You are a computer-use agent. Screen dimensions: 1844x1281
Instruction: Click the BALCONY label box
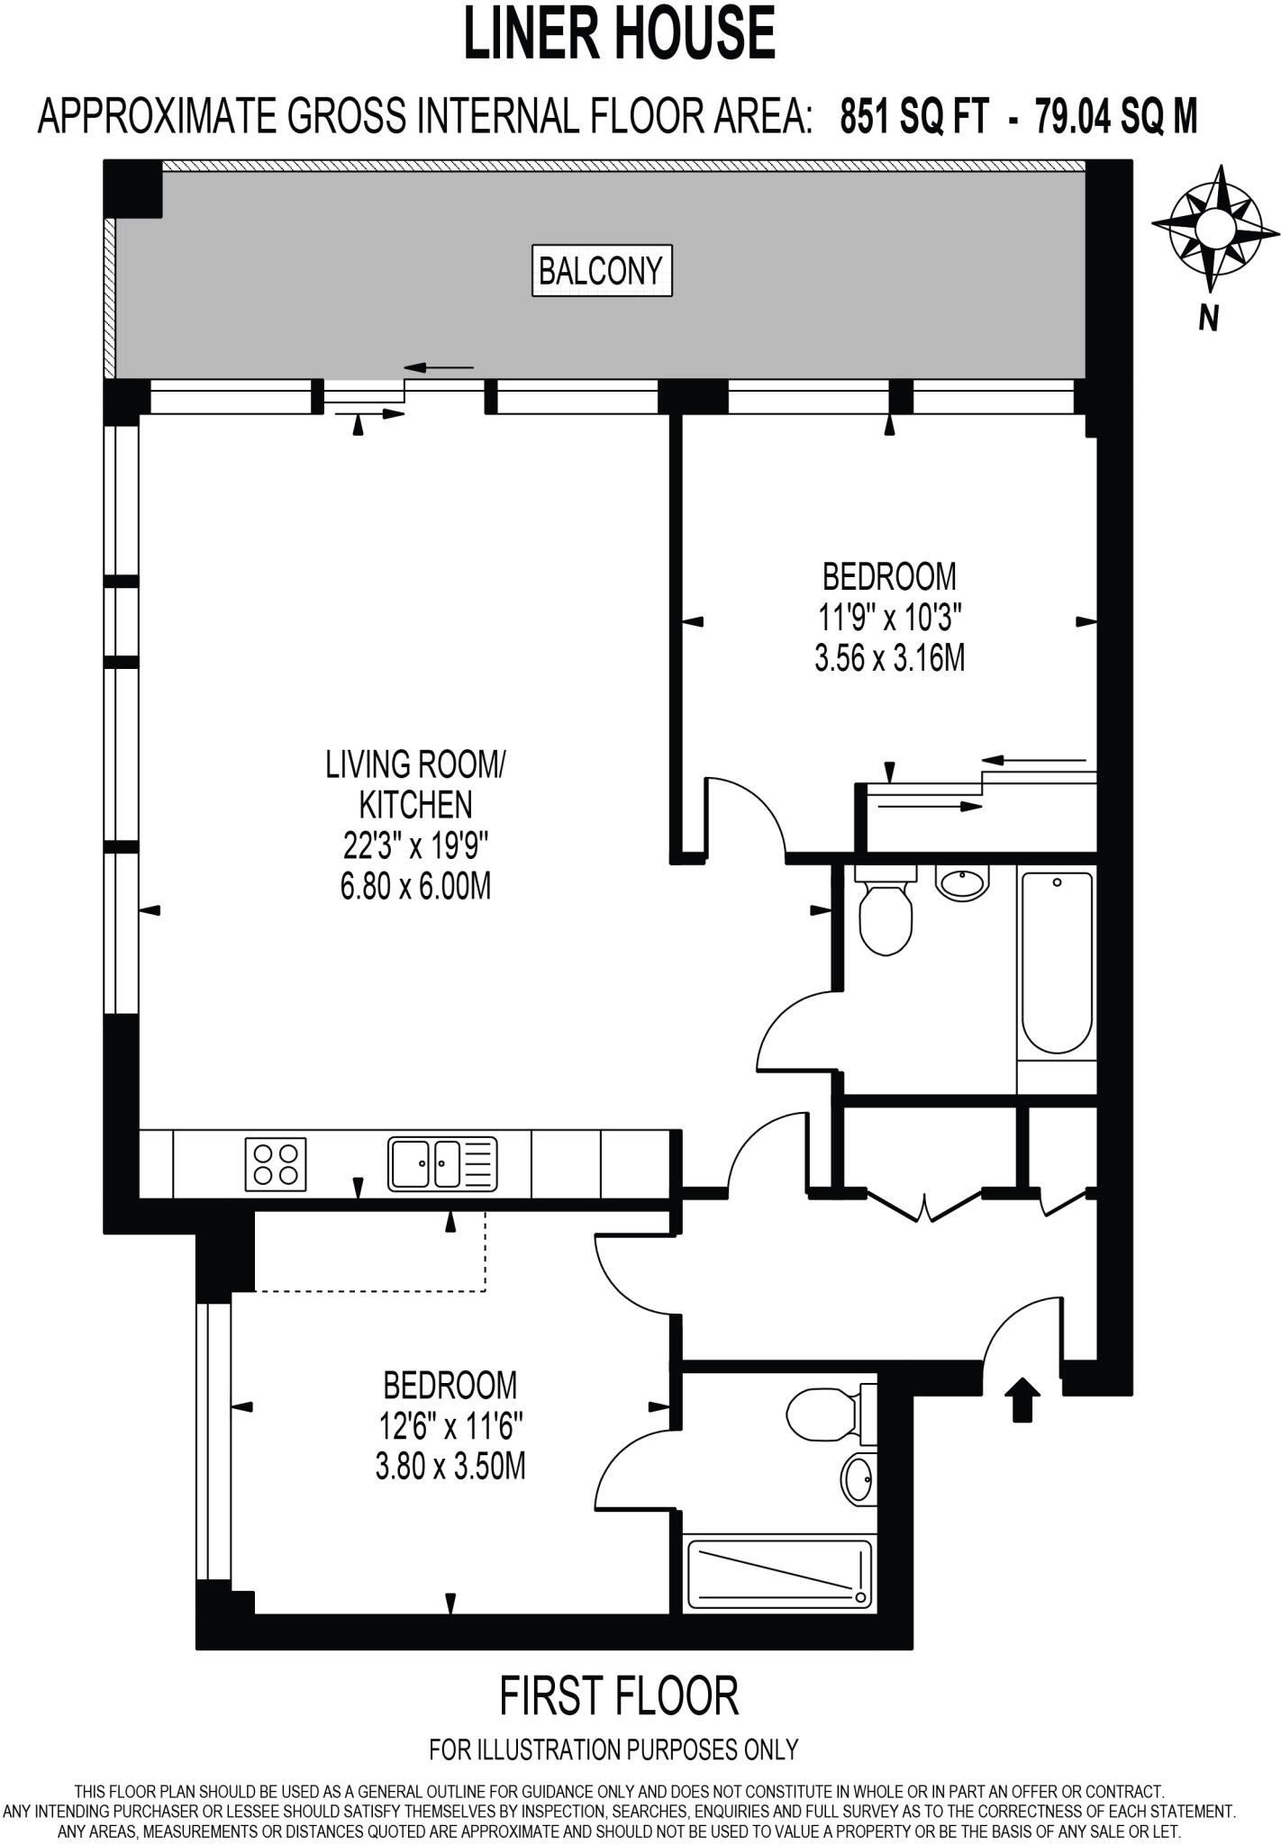[601, 270]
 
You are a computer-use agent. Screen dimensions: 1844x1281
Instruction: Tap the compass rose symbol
[1214, 226]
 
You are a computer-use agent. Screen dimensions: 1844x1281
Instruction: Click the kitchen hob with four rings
[275, 1164]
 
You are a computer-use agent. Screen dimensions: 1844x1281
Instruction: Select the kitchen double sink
[441, 1164]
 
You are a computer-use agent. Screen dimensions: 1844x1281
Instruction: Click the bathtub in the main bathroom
[1056, 962]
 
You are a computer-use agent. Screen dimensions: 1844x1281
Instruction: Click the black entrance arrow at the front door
[1022, 1400]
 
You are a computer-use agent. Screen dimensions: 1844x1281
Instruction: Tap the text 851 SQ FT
[913, 116]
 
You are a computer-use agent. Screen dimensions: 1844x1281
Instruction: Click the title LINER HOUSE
[619, 33]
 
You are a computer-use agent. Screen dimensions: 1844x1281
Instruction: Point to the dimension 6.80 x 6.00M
[415, 887]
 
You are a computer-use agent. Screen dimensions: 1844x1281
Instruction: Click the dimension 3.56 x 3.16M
[889, 659]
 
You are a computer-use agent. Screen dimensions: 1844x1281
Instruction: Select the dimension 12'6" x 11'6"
[450, 1426]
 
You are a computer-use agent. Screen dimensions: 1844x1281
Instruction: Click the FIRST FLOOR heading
[619, 1695]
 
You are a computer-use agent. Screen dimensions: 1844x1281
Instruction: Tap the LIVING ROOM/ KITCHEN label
[415, 783]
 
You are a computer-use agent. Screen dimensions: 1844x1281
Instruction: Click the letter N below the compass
[1208, 317]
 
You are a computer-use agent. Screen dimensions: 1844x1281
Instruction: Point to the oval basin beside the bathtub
[962, 881]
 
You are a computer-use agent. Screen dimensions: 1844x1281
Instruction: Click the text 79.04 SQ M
[1115, 116]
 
